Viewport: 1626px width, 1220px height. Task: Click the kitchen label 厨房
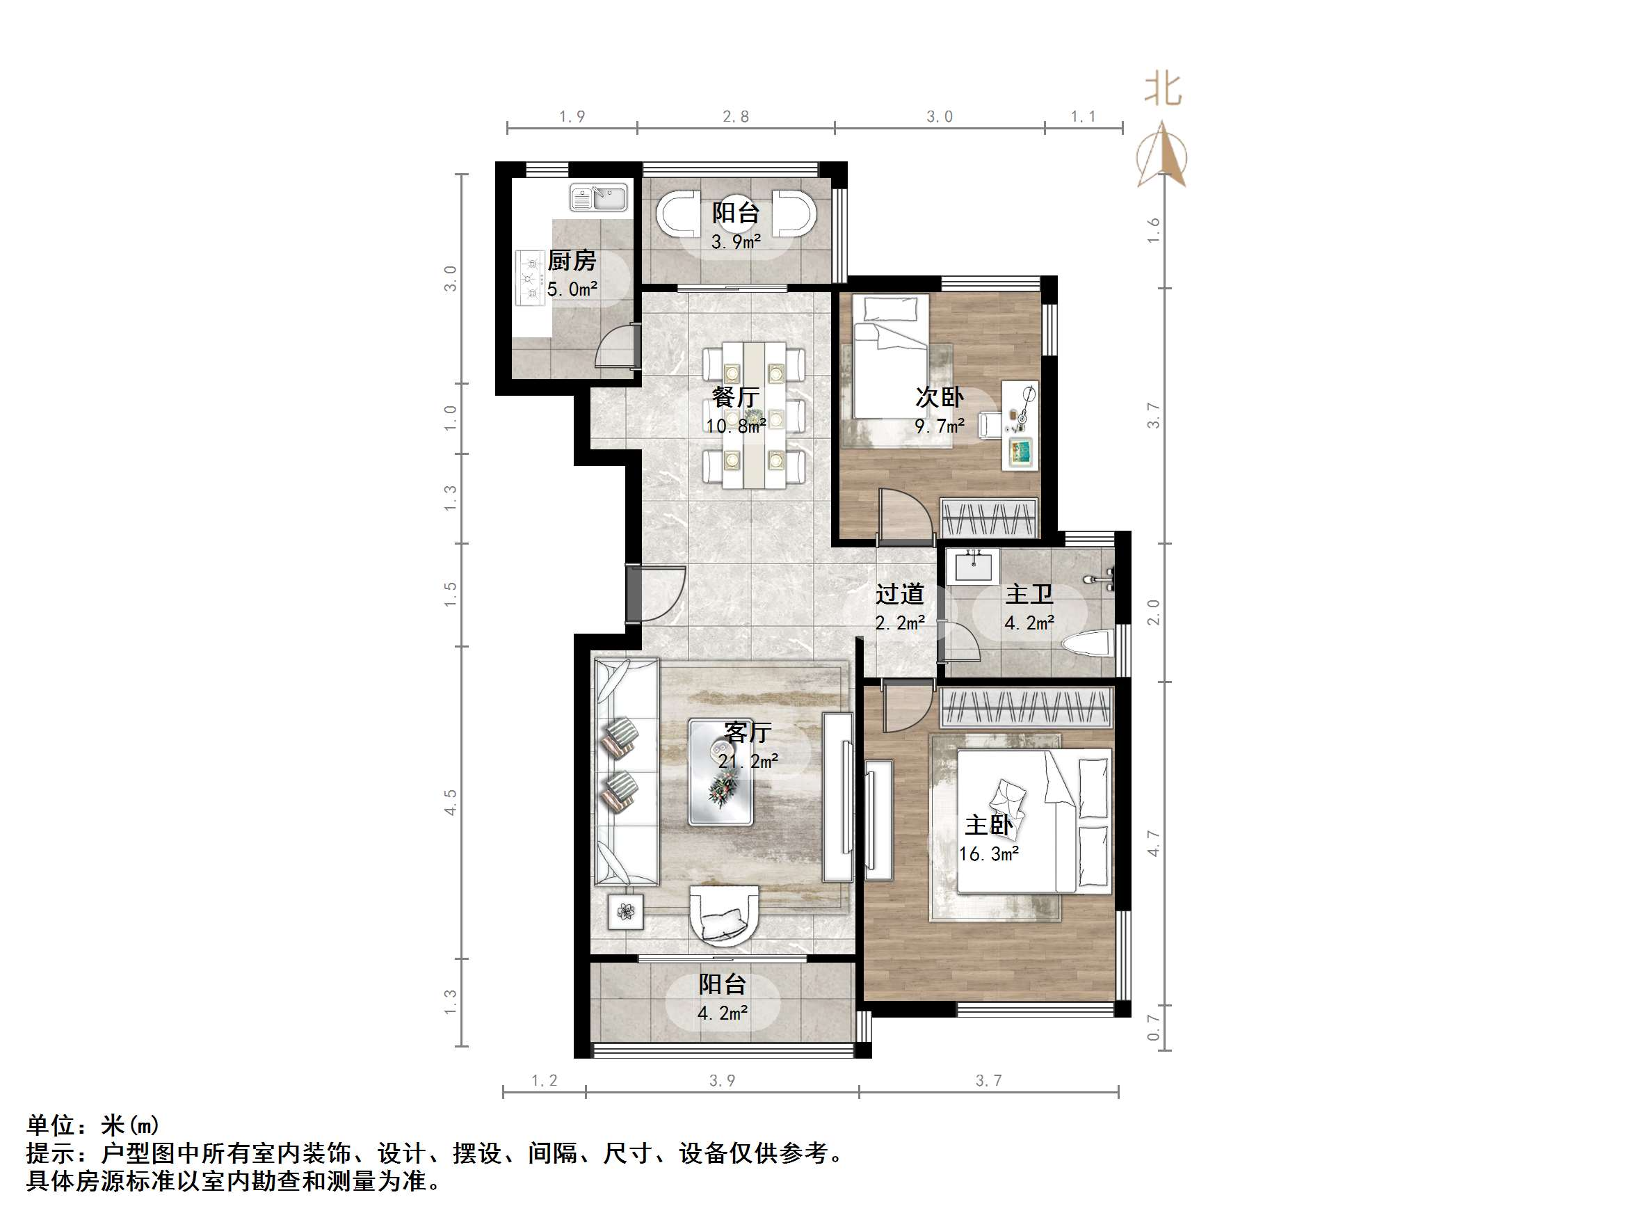pos(571,260)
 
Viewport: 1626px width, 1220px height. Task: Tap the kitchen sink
pos(598,198)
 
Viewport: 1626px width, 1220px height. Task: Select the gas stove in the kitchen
pos(529,278)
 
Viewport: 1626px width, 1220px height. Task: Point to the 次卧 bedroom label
pos(939,397)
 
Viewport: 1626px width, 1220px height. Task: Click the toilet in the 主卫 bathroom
pos(1086,644)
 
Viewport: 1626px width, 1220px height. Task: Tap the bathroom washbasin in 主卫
pos(972,566)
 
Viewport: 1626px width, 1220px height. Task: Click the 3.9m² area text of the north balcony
pos(735,241)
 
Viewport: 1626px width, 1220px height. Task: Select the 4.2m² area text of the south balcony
pos(722,1013)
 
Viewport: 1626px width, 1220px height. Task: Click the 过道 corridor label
pos(899,593)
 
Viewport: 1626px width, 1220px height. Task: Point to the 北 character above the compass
pos(1162,90)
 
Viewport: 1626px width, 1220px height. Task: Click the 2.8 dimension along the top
pos(735,116)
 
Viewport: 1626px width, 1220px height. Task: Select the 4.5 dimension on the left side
pos(450,801)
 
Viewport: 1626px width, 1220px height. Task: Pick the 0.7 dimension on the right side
pos(1152,1027)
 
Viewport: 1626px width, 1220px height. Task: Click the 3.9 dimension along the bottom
pos(722,1080)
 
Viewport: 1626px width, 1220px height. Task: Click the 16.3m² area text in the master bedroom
pos(988,853)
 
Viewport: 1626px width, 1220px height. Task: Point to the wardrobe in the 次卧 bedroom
pos(989,518)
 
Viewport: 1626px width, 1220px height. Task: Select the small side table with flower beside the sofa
pos(625,912)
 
